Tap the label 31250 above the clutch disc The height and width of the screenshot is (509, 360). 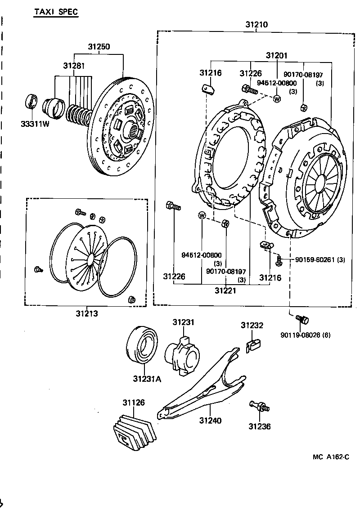[99, 47]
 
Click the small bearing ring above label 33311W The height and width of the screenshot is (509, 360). [32, 102]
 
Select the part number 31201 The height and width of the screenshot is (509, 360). [276, 56]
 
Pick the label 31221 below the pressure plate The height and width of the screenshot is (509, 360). [225, 290]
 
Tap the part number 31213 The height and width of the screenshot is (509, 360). [86, 313]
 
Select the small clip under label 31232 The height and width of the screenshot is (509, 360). [254, 344]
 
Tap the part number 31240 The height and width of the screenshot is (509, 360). [210, 420]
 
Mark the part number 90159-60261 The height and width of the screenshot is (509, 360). [315, 260]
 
